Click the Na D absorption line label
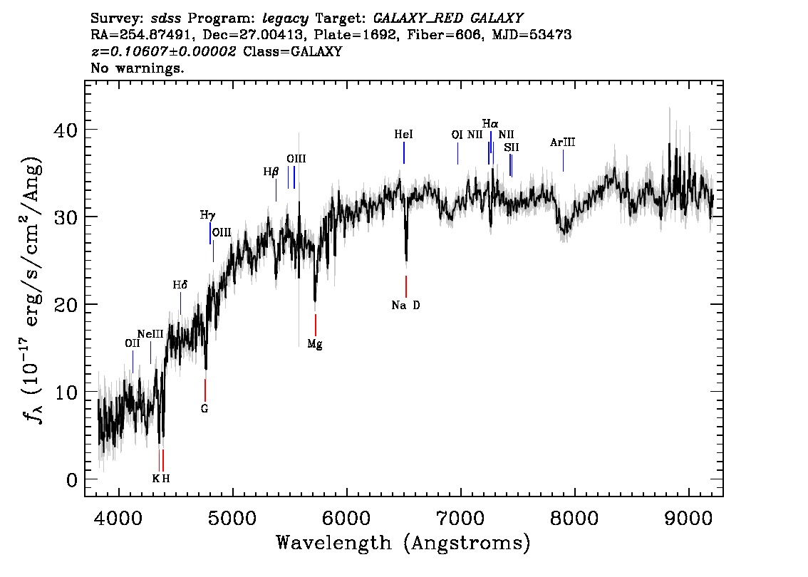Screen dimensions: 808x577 click(405, 306)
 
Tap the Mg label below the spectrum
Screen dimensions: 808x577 click(315, 344)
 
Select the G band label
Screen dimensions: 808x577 click(204, 409)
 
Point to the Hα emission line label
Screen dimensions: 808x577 click(490, 124)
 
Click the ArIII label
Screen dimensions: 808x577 click(562, 142)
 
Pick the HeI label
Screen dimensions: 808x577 click(403, 135)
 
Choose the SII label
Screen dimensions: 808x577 click(511, 147)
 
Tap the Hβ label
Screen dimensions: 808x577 click(271, 172)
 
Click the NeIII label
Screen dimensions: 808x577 click(150, 334)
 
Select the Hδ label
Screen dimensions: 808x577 click(180, 285)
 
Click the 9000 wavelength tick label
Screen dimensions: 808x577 click(688, 518)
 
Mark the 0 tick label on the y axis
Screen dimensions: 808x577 click(72, 480)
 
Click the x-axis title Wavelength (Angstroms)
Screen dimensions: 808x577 click(403, 544)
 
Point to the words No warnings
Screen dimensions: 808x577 click(137, 68)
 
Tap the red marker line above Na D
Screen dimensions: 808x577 click(406, 286)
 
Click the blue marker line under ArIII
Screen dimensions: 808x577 click(563, 160)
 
